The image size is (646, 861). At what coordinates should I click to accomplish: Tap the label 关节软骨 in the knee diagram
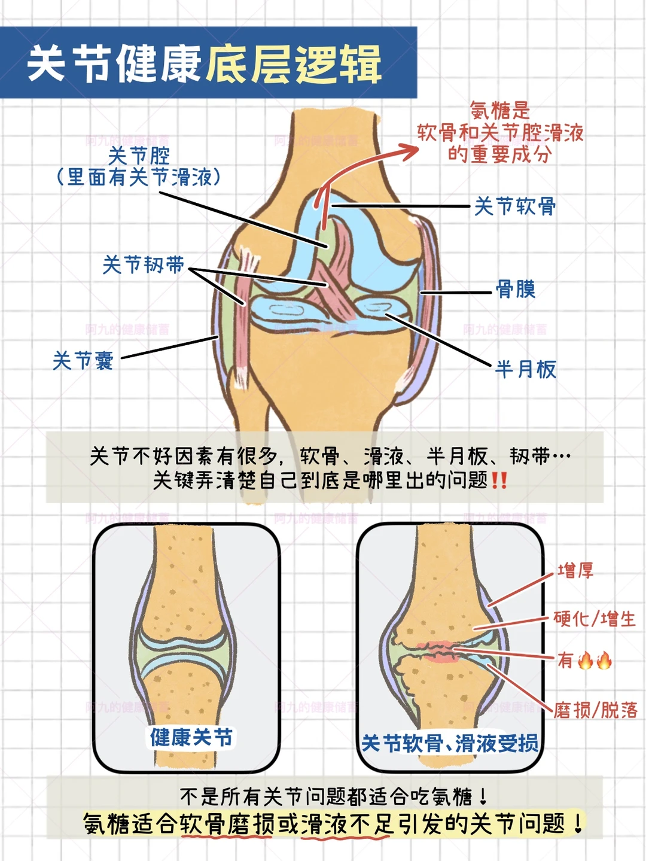point(515,206)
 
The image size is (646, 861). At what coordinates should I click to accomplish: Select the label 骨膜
point(516,290)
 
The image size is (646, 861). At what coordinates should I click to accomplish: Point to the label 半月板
point(526,369)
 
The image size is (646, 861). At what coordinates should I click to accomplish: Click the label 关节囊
point(83,361)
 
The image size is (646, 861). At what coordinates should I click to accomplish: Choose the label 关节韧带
point(144,264)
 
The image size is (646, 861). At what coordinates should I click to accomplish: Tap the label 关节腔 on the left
point(139,157)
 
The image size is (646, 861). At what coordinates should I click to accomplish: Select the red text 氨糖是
point(500,111)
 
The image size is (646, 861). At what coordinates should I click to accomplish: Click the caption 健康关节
point(191,737)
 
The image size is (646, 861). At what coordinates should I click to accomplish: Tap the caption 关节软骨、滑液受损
point(450,744)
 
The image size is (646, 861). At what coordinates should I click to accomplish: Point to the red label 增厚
point(575,571)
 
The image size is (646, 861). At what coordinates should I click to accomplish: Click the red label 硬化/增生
point(595,619)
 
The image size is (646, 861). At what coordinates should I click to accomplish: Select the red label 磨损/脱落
point(596,710)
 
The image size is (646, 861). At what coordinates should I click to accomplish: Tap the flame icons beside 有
point(595,661)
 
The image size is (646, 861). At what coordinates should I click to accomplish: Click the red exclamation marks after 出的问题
point(499,480)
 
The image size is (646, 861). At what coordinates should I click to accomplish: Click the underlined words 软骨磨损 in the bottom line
point(227,824)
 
